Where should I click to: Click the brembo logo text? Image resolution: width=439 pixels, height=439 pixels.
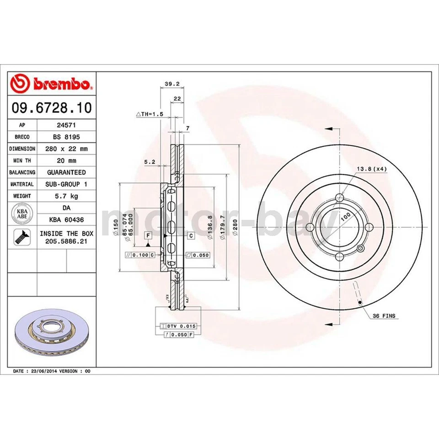tap(61, 84)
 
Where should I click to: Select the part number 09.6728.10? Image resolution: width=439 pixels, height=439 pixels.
tap(52, 108)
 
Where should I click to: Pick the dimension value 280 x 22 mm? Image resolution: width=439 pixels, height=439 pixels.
tap(66, 149)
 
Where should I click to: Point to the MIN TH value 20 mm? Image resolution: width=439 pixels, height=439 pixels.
tap(66, 161)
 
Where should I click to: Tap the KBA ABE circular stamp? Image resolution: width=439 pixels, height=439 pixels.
tap(21, 214)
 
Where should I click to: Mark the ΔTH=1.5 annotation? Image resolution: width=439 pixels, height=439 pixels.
tap(150, 113)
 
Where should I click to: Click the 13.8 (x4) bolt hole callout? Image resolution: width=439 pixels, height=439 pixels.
tap(371, 169)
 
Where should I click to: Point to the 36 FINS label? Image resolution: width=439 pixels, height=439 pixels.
tap(384, 316)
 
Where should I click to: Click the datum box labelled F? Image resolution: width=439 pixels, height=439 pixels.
tap(148, 236)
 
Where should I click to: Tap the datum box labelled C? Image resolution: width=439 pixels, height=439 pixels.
tap(191, 236)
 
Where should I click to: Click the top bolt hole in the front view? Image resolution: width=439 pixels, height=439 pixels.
tap(339, 198)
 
